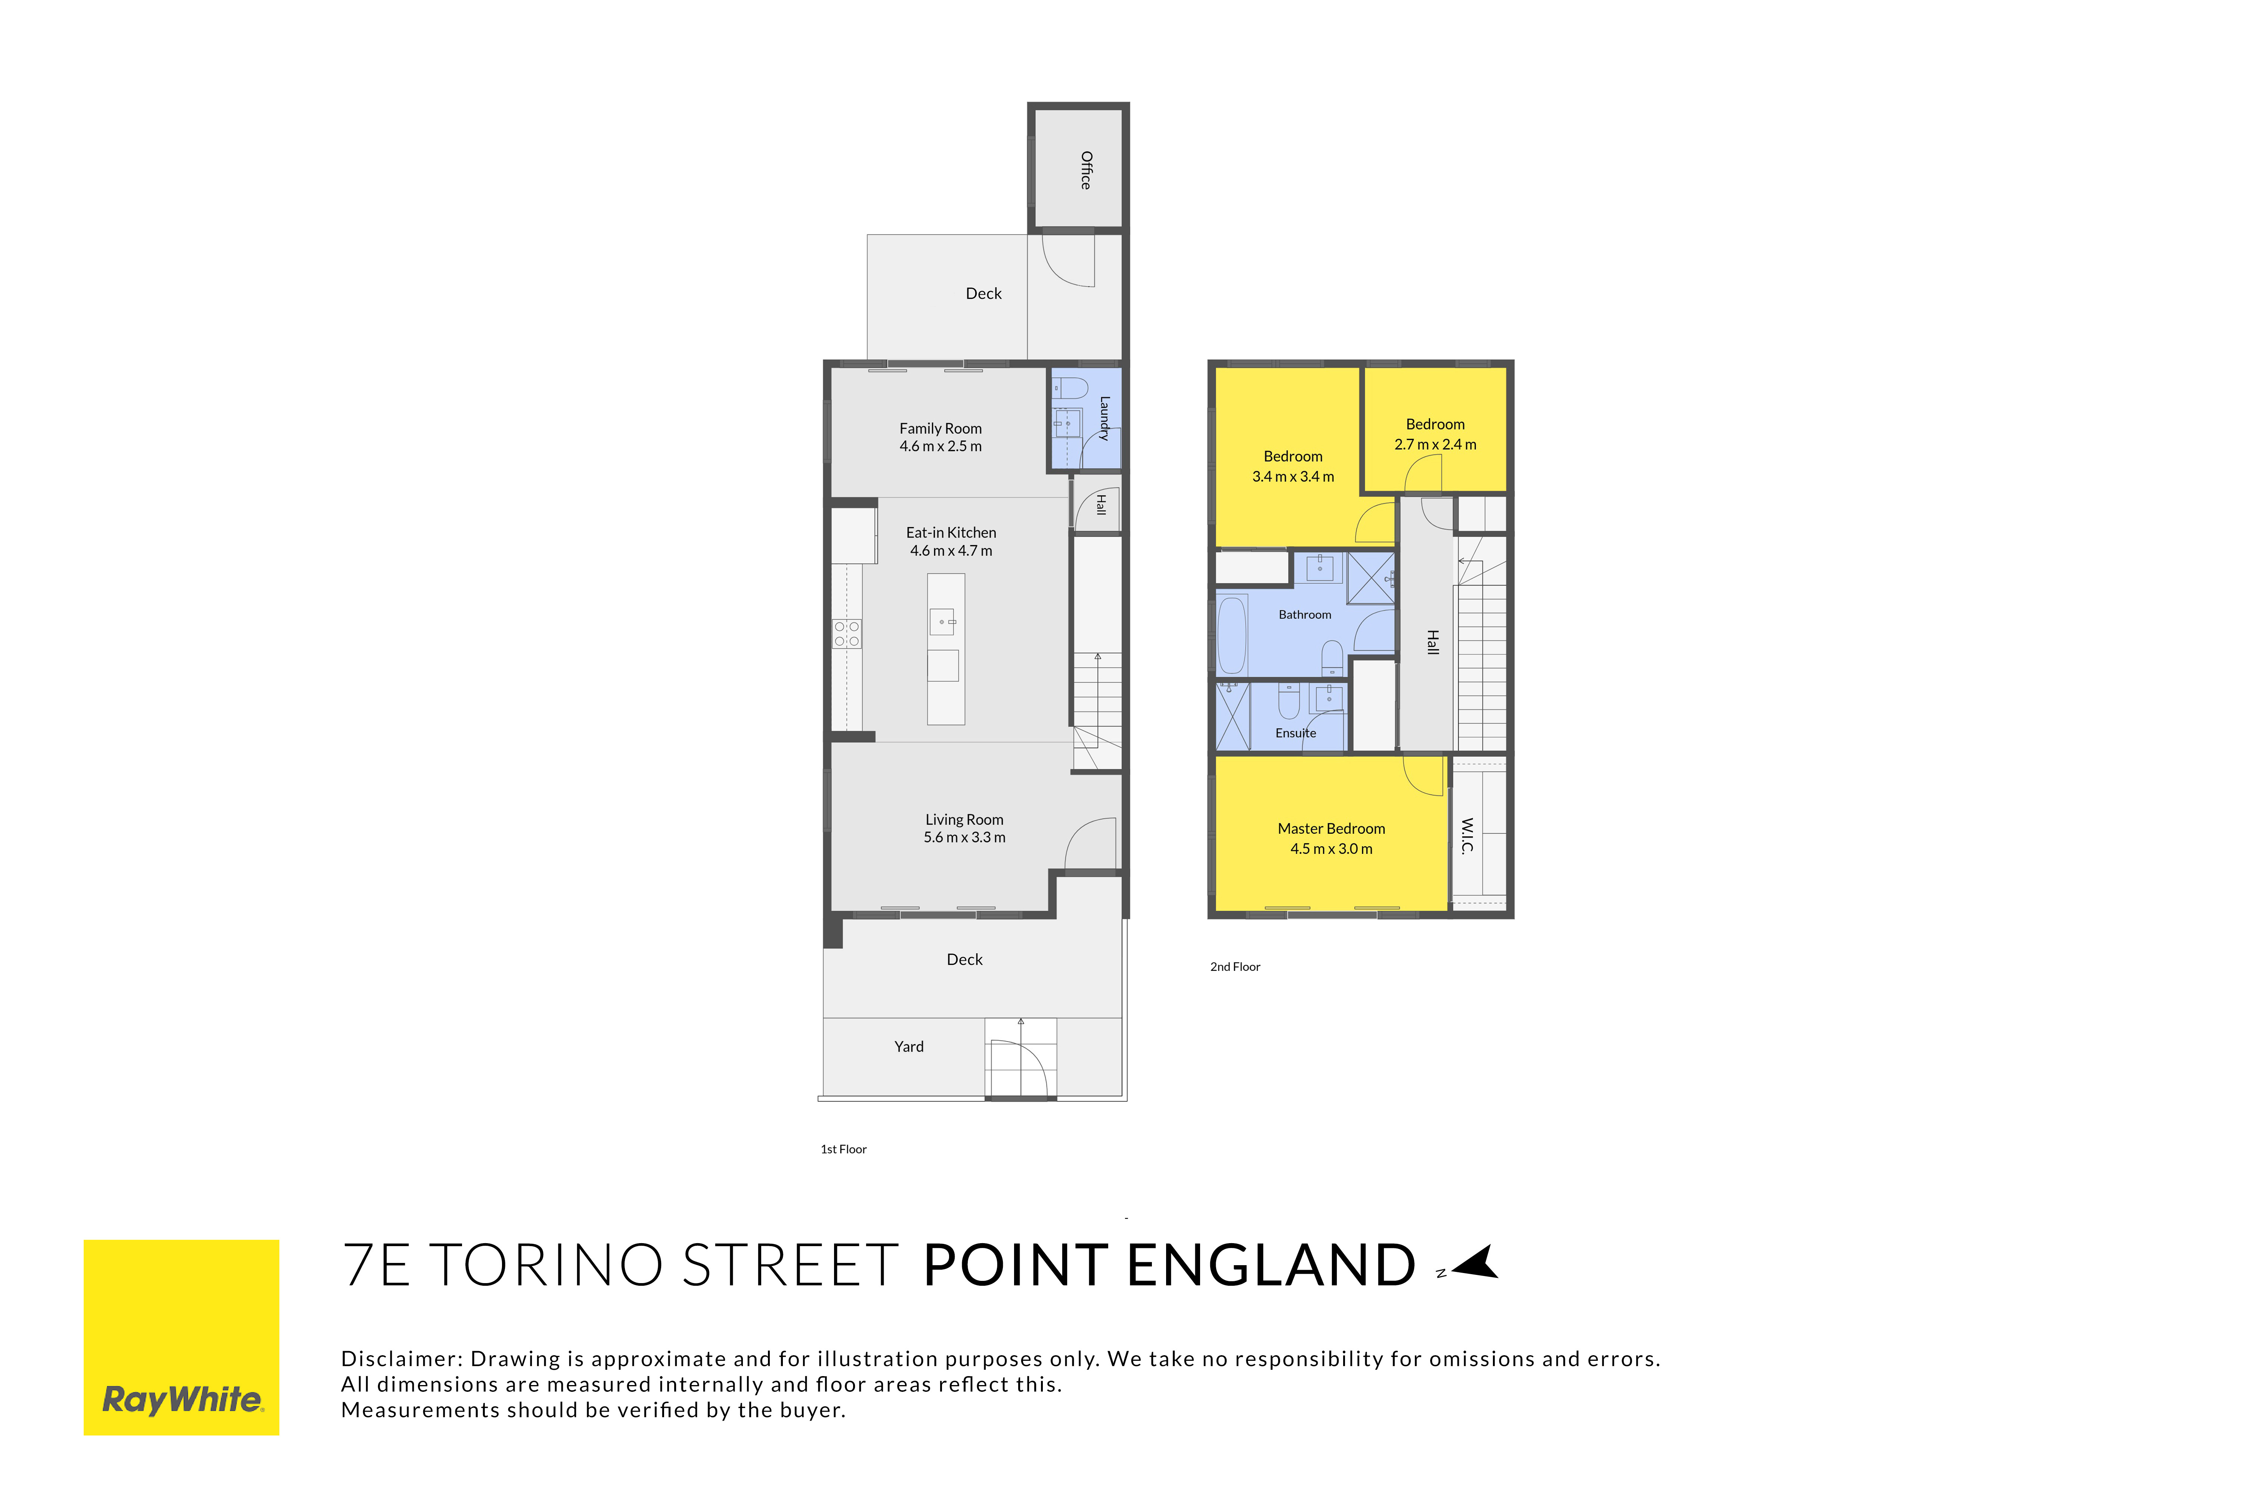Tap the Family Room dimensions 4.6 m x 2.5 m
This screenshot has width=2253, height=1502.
pos(940,446)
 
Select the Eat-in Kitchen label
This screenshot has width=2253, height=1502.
pos(951,533)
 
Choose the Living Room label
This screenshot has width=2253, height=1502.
pos(965,820)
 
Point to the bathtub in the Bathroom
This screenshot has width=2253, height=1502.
pos(1232,635)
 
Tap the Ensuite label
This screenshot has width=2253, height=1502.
pos(1296,733)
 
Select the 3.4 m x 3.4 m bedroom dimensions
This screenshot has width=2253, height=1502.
pos(1293,477)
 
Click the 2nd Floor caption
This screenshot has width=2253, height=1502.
pos(1236,966)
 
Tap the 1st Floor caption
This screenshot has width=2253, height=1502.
pos(844,1149)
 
